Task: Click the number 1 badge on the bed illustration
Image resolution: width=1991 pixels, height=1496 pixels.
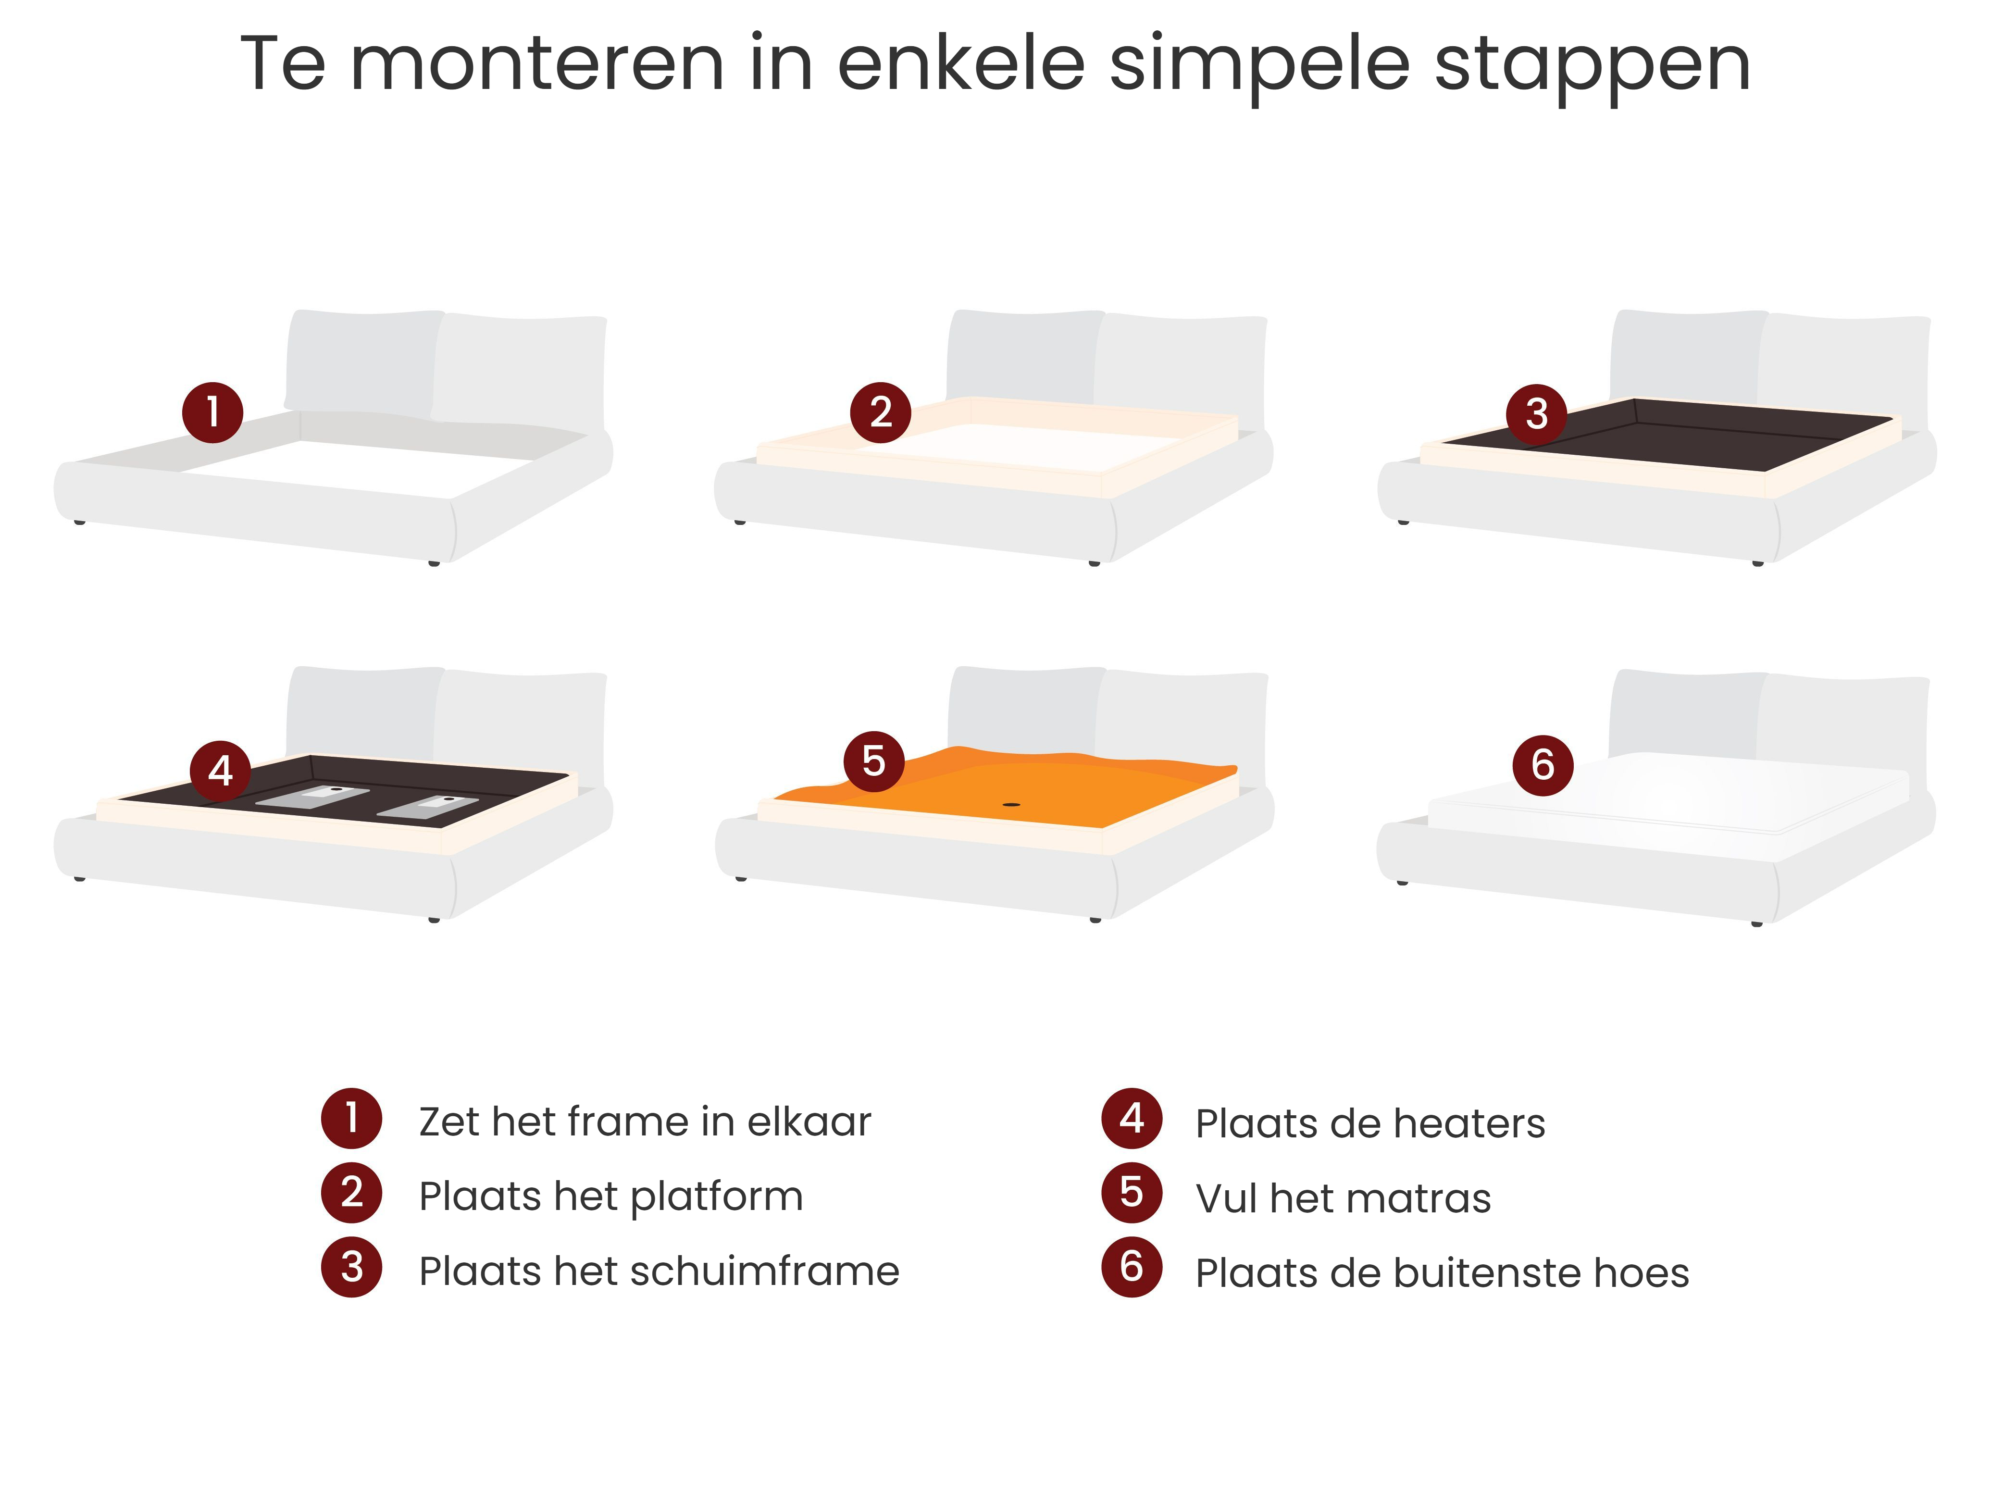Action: pyautogui.click(x=212, y=412)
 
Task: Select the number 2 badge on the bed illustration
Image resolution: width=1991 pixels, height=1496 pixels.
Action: pyautogui.click(x=880, y=412)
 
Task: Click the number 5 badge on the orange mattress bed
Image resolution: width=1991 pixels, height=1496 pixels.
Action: pyautogui.click(x=873, y=761)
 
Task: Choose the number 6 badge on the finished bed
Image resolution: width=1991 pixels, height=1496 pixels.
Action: pyautogui.click(x=1543, y=765)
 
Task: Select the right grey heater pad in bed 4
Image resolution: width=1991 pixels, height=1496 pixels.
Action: pyautogui.click(x=427, y=806)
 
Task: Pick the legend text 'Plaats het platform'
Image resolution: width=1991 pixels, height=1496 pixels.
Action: pyautogui.click(x=611, y=1197)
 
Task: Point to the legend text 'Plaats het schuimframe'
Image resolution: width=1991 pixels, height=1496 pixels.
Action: pyautogui.click(x=659, y=1271)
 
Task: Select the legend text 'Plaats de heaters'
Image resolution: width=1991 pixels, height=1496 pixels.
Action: pyautogui.click(x=1370, y=1123)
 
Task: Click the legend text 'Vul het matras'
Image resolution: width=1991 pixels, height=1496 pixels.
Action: pyautogui.click(x=1343, y=1198)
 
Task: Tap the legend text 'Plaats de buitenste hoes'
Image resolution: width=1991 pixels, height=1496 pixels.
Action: pyautogui.click(x=1442, y=1273)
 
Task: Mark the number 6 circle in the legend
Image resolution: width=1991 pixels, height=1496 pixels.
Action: pyautogui.click(x=1132, y=1267)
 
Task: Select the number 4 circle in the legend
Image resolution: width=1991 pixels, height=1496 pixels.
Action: pyautogui.click(x=1132, y=1118)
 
